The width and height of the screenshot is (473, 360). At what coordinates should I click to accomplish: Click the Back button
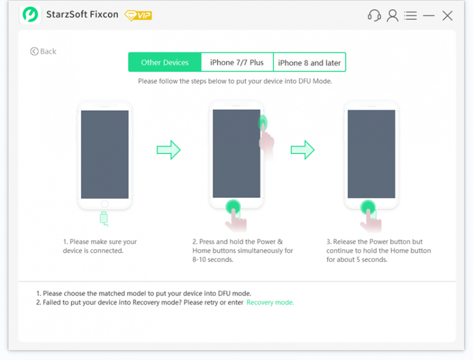(x=43, y=52)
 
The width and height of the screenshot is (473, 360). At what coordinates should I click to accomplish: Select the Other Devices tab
(x=164, y=62)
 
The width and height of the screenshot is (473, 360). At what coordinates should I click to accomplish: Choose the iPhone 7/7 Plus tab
(x=236, y=62)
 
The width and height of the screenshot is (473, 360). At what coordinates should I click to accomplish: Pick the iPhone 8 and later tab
(x=309, y=62)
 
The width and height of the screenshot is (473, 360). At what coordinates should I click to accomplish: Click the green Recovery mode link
(x=270, y=303)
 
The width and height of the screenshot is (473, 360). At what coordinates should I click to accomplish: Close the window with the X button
(x=448, y=15)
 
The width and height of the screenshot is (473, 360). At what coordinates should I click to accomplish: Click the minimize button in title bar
(x=429, y=15)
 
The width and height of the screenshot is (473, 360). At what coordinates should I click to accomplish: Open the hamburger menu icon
(x=411, y=15)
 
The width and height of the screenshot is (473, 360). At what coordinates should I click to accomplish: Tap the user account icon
(x=392, y=15)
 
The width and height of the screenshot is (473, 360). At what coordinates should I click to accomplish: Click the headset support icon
(x=374, y=15)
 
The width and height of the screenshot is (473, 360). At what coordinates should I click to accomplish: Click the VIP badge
(x=138, y=15)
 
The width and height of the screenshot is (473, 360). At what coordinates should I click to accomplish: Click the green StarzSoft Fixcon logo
(x=30, y=15)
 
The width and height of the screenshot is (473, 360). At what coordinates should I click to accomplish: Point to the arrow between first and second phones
(x=168, y=149)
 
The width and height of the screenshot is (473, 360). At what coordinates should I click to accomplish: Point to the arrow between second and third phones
(x=302, y=149)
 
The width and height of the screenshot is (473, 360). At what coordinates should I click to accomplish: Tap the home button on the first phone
(x=105, y=204)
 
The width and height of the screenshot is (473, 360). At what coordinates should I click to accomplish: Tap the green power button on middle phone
(x=263, y=121)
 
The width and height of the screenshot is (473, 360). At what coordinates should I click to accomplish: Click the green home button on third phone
(x=368, y=207)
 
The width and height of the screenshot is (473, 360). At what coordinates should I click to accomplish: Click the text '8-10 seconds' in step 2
(x=213, y=260)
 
